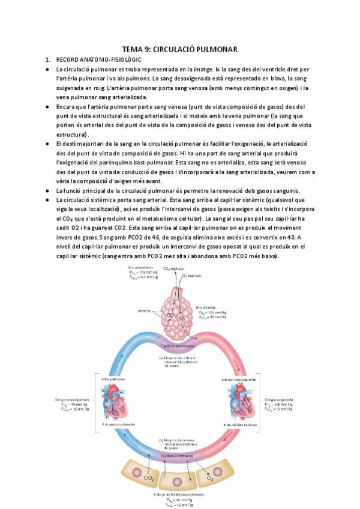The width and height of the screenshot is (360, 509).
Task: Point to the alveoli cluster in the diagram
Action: tap(179, 312)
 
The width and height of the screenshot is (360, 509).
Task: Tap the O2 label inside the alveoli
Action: tap(182, 316)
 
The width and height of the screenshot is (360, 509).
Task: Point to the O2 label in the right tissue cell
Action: tap(210, 479)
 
